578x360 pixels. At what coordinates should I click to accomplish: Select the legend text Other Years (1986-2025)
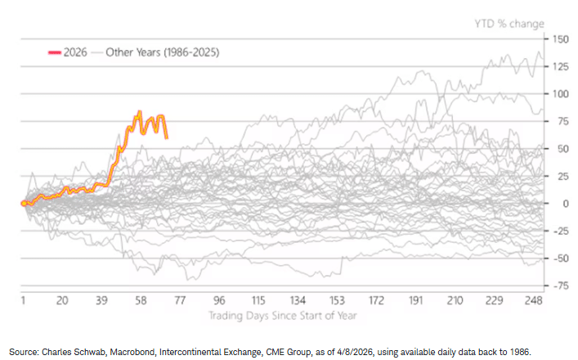tap(162, 52)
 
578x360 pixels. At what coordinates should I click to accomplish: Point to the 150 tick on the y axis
tap(559, 38)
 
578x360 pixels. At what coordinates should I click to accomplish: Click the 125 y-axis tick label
tap(559, 66)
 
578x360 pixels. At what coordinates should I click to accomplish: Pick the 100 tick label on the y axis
tap(559, 93)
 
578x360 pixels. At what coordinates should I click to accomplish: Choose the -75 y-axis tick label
tap(559, 286)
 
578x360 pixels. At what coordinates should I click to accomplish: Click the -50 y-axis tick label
tap(559, 258)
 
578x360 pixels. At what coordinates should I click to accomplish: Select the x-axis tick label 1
tap(23, 299)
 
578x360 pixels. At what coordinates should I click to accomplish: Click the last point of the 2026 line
tap(167, 137)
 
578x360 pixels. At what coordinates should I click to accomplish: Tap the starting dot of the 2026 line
tap(23, 203)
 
